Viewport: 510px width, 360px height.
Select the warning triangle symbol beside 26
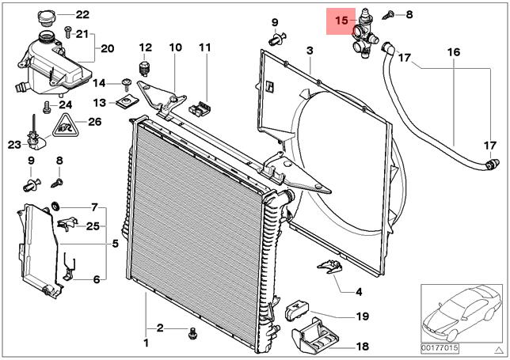(66, 123)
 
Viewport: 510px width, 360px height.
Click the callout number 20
(107, 49)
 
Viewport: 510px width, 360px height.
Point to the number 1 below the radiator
(145, 343)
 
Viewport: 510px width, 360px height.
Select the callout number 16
(453, 52)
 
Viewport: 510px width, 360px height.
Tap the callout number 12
(145, 47)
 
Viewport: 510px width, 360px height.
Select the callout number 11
(204, 47)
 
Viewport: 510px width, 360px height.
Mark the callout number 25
(93, 226)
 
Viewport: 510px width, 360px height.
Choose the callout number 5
(115, 243)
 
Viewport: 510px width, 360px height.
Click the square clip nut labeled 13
(125, 101)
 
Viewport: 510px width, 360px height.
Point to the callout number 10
(175, 47)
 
